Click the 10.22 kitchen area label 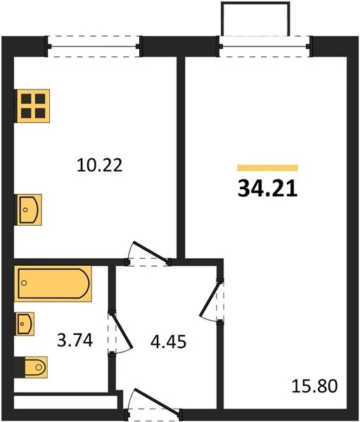(x=98, y=166)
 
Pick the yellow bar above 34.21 (x=267, y=168)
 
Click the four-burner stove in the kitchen (x=32, y=107)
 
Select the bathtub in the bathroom (x=53, y=283)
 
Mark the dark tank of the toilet (x=18, y=366)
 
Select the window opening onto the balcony (x=264, y=46)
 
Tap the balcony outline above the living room (x=255, y=18)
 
